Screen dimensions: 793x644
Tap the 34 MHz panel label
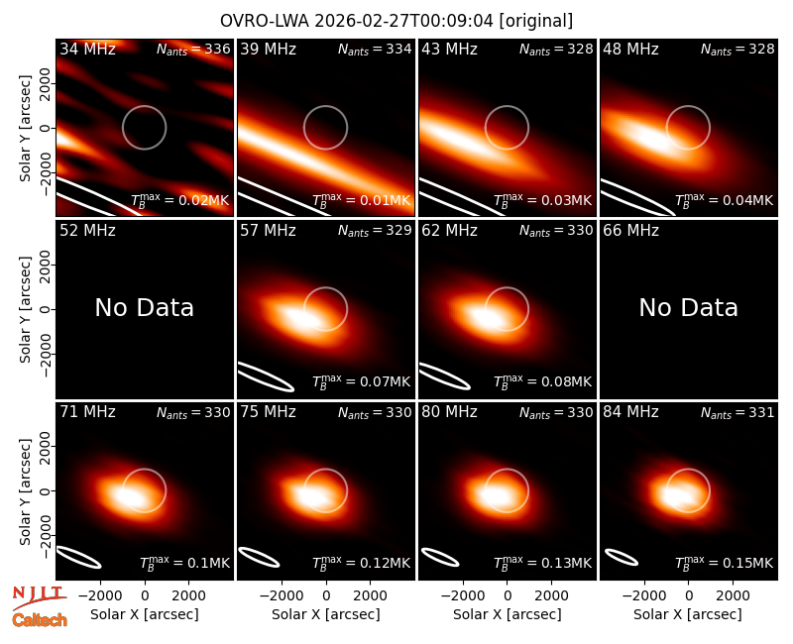pos(87,49)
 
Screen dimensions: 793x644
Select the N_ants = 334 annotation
pos(375,49)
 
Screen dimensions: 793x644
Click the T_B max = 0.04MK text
pos(725,200)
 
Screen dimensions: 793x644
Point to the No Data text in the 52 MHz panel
pos(145,307)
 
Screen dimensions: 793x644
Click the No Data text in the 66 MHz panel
pos(688,307)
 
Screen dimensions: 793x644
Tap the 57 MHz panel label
pos(268,231)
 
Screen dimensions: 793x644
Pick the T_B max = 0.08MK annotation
pos(542,381)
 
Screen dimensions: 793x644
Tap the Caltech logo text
pos(40,620)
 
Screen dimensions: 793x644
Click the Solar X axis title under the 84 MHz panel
pos(688,614)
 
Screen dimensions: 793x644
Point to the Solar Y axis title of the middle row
pos(25,309)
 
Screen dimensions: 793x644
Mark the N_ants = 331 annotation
pos(737,412)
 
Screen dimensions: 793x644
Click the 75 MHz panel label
pos(268,412)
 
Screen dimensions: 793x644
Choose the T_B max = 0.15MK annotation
pos(725,563)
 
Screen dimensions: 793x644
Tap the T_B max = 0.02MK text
pos(180,200)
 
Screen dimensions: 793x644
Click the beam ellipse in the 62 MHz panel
pos(444,376)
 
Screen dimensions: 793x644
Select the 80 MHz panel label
pos(449,412)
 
